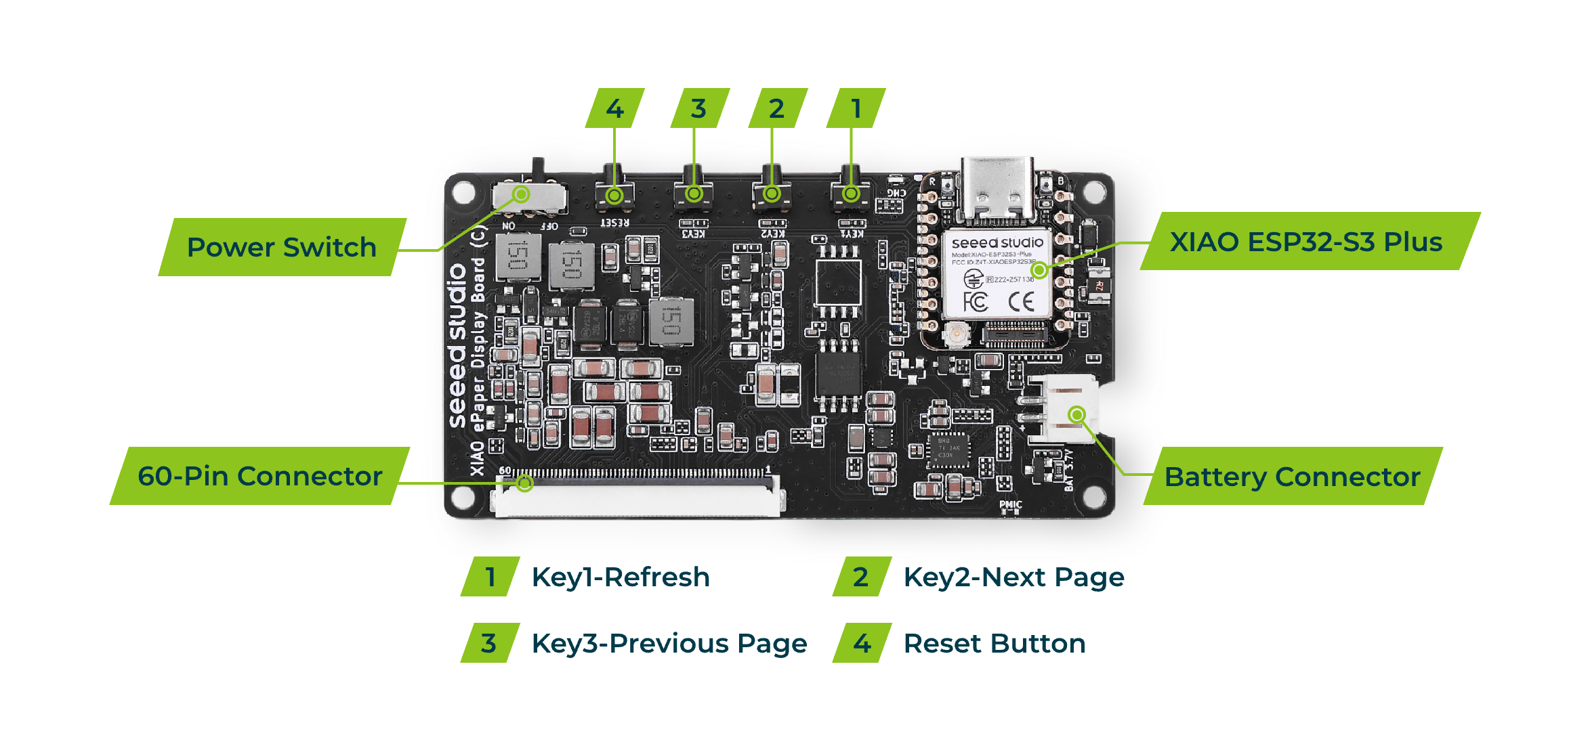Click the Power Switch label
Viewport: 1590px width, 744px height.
[x=282, y=247]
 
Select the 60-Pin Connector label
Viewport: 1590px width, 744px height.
[x=260, y=476]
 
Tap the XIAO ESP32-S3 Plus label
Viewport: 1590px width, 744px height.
[x=1306, y=242]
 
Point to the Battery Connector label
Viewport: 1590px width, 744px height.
[x=1292, y=477]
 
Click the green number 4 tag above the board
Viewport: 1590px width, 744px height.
[x=614, y=108]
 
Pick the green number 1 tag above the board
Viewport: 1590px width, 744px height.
[x=856, y=108]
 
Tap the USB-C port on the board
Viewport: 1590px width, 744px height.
[x=997, y=190]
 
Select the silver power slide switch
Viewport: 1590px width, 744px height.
[x=529, y=196]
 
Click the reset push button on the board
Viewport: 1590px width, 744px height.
[x=614, y=193]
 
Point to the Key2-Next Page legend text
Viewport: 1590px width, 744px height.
[x=1013, y=577]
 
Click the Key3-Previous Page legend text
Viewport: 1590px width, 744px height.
[x=669, y=643]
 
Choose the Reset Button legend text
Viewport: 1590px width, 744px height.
[x=995, y=643]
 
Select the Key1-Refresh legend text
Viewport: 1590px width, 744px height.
[x=621, y=577]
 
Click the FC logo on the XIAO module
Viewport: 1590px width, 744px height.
[x=976, y=301]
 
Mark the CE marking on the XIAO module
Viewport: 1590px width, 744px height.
[x=1021, y=301]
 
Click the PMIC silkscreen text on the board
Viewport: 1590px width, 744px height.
[x=1010, y=504]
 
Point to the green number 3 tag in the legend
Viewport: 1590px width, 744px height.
[x=489, y=643]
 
